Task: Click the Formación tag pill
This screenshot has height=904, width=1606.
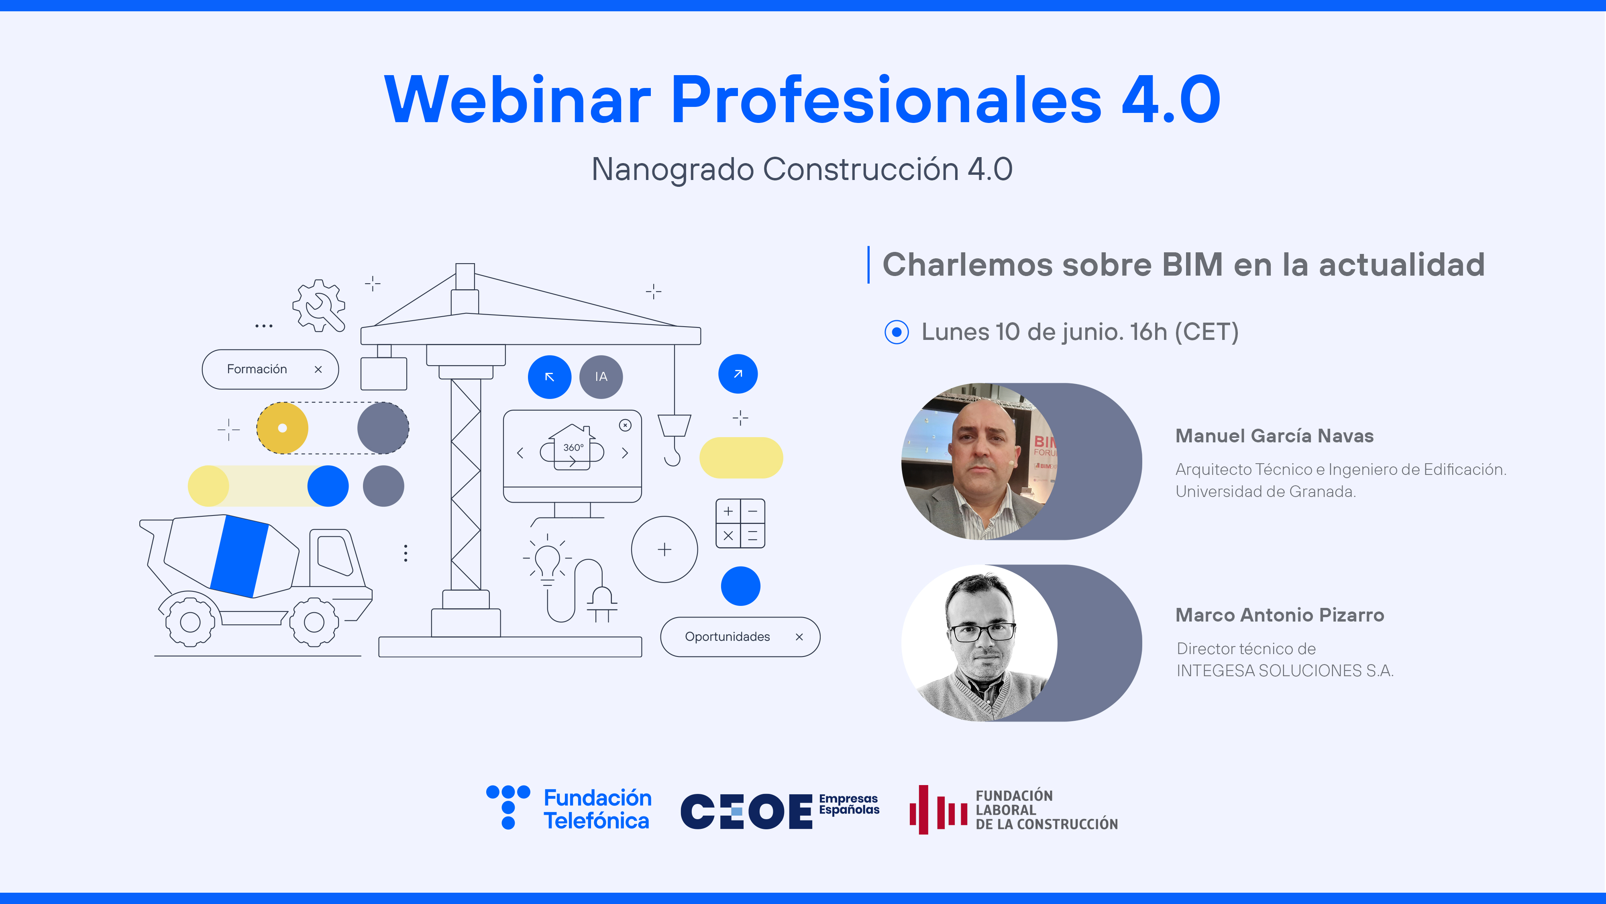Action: (x=270, y=369)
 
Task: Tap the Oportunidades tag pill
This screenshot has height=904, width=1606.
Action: (x=740, y=636)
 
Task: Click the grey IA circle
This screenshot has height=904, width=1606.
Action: (x=601, y=377)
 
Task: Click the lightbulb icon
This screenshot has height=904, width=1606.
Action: (x=547, y=560)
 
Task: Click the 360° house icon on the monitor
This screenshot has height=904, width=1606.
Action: (x=572, y=446)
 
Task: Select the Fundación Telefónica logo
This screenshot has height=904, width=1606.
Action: (x=569, y=808)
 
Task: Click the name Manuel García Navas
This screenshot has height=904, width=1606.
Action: (x=1274, y=436)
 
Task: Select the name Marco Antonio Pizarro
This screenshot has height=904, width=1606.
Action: (x=1279, y=615)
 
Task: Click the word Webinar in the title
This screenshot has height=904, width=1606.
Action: (x=518, y=100)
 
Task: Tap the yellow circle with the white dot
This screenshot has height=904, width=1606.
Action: (x=282, y=428)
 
